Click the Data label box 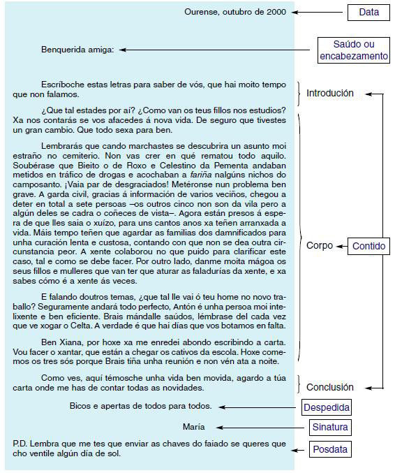[368, 12]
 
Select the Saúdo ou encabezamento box [353, 50]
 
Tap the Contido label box [368, 246]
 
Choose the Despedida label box [326, 407]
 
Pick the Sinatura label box [330, 427]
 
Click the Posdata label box [329, 449]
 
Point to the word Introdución [330, 93]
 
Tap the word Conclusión [330, 387]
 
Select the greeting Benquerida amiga [77, 50]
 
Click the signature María [193, 427]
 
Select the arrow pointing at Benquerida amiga [216, 50]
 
